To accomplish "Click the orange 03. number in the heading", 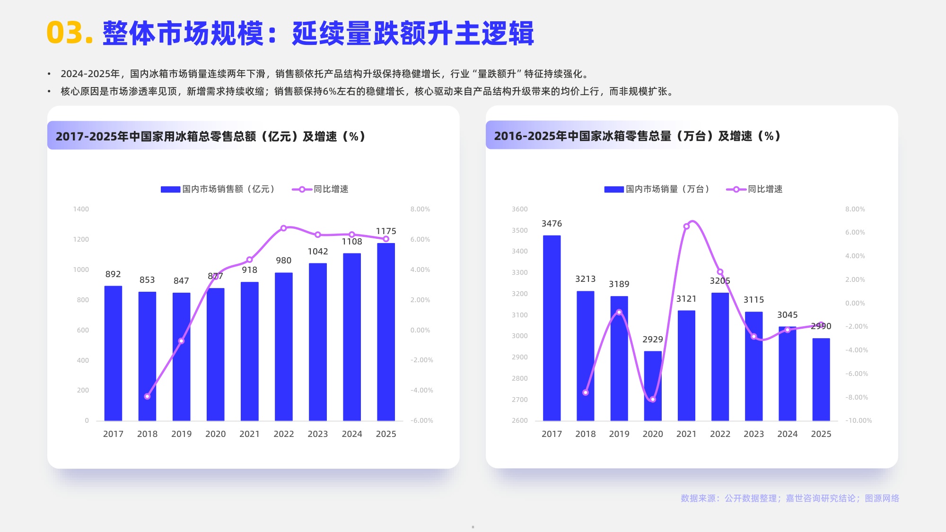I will (69, 33).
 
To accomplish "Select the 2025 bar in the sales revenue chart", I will (385, 331).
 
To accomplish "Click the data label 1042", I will (317, 252).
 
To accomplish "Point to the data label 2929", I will (652, 340).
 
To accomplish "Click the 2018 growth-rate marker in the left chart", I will (147, 396).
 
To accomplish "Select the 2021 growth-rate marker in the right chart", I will (686, 227).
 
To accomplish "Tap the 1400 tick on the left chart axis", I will (81, 209).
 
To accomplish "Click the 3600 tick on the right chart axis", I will (519, 209).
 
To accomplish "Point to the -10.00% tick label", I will (858, 420).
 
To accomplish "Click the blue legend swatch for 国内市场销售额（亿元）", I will (170, 190).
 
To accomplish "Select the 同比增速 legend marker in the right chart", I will (736, 190).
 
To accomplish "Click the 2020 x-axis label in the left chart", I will (215, 434).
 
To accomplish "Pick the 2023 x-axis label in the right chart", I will (753, 434).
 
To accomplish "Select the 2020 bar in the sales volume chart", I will (653, 385).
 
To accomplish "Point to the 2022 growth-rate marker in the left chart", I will (283, 228).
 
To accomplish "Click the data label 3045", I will (787, 315).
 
